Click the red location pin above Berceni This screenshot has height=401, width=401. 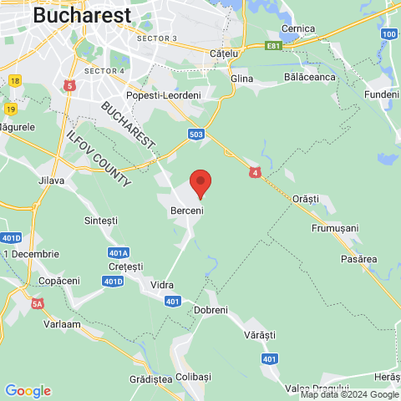(x=199, y=182)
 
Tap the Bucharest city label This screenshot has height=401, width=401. (x=82, y=15)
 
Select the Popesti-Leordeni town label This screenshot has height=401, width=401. (x=164, y=95)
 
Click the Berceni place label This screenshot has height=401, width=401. (x=187, y=211)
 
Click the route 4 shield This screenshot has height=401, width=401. (x=255, y=172)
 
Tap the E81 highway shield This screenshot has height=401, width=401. (x=273, y=46)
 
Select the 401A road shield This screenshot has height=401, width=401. (x=119, y=252)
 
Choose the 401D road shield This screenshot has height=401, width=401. (x=113, y=282)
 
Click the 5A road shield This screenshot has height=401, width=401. (x=37, y=304)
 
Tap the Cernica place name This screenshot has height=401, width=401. (x=298, y=28)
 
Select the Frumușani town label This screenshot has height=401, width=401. (x=334, y=227)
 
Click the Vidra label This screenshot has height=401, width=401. (x=161, y=285)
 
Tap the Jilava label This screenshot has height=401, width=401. (x=51, y=180)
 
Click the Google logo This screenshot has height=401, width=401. (x=28, y=391)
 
